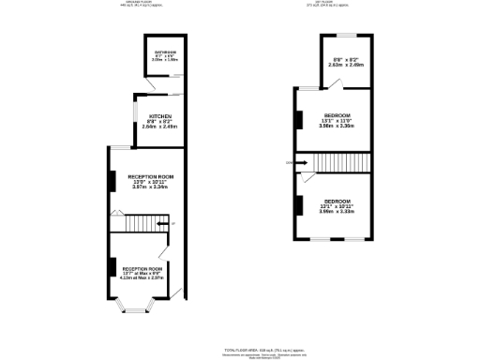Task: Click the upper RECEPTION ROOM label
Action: click(151, 176)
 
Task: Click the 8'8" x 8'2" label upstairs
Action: click(343, 61)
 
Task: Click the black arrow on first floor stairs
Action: click(305, 163)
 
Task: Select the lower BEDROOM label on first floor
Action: click(337, 202)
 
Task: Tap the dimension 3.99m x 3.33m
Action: click(337, 212)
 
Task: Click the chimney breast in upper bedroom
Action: click(300, 119)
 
